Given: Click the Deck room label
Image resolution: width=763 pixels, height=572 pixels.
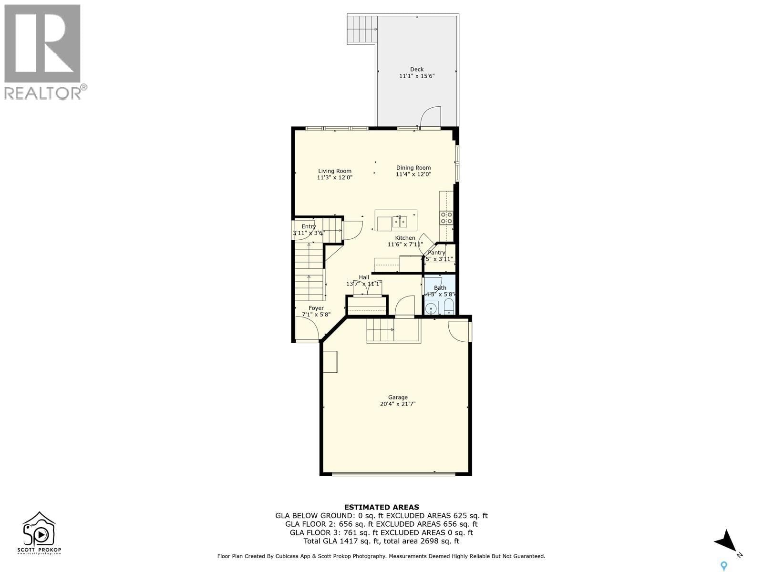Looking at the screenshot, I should click(x=417, y=69).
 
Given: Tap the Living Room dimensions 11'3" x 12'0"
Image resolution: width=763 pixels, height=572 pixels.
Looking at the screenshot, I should click(x=335, y=177).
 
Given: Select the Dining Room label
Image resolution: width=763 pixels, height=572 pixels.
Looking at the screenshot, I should click(x=413, y=167).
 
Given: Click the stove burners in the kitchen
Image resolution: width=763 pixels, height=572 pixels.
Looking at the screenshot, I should click(x=446, y=218).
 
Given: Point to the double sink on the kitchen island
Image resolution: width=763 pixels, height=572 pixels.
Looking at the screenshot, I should click(x=400, y=222).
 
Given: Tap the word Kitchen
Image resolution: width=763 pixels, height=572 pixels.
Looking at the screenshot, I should click(x=405, y=238).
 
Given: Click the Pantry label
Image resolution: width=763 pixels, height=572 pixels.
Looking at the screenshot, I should click(x=437, y=253).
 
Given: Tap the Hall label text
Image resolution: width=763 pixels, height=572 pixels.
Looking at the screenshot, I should click(x=364, y=277).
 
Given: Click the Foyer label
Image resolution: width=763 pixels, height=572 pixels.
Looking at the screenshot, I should click(x=316, y=308).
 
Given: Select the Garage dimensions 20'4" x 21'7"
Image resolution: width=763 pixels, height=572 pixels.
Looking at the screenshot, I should click(x=398, y=404).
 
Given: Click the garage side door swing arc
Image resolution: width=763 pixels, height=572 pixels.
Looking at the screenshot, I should click(x=458, y=331).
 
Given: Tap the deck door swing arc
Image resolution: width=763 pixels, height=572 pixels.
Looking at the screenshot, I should click(x=431, y=117).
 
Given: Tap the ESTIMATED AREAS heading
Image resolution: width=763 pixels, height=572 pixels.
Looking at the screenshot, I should click(x=381, y=507).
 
